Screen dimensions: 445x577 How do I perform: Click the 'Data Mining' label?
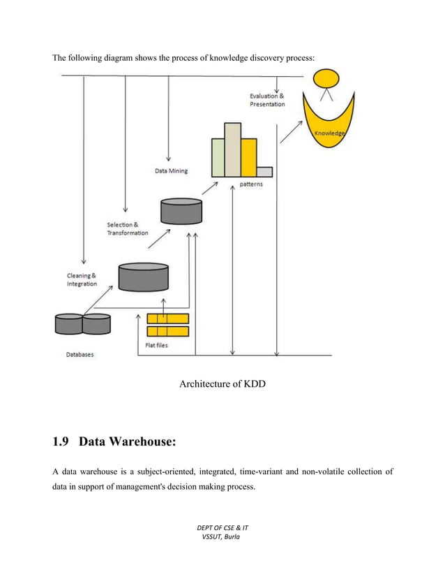click(x=171, y=170)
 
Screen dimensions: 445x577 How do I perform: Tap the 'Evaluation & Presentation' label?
click(x=267, y=100)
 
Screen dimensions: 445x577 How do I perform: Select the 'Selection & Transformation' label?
click(x=128, y=228)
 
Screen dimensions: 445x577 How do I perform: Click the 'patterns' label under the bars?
click(x=251, y=184)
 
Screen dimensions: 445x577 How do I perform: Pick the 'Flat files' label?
click(x=156, y=345)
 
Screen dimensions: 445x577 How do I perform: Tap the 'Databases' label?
click(x=80, y=355)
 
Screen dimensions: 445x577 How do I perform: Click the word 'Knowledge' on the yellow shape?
click(x=329, y=133)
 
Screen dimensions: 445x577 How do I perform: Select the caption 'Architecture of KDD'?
click(x=222, y=384)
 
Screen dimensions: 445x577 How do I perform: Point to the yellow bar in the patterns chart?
click(x=249, y=157)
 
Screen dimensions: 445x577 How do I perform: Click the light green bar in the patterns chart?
click(x=218, y=157)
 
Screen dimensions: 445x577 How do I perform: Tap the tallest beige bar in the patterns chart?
click(x=233, y=149)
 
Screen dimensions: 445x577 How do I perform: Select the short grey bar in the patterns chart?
click(x=264, y=172)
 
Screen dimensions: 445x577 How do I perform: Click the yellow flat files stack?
click(x=168, y=325)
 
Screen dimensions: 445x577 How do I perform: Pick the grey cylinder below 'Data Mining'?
click(x=181, y=210)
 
